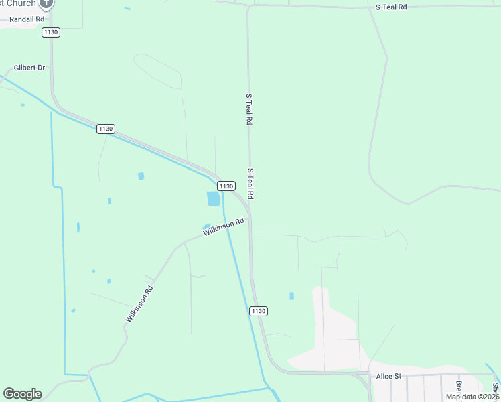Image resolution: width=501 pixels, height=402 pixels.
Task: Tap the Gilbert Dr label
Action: tap(29, 68)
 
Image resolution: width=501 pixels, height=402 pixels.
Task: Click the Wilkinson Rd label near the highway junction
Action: tap(224, 226)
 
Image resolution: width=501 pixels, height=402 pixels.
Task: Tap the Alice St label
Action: tap(388, 377)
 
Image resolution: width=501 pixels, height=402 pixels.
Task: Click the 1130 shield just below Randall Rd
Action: tap(50, 32)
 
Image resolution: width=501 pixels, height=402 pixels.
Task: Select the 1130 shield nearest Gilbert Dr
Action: tap(105, 129)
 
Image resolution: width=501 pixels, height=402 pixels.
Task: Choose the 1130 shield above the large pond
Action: tap(226, 186)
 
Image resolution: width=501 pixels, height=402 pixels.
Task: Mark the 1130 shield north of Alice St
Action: tap(259, 311)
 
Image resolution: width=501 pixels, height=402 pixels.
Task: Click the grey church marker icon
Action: tap(46, 3)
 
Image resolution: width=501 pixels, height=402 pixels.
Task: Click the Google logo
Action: tap(22, 394)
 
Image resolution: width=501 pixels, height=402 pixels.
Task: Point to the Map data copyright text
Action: tap(472, 397)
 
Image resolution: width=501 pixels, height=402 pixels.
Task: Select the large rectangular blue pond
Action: tap(214, 198)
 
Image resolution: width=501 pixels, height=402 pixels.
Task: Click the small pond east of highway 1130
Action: tap(291, 295)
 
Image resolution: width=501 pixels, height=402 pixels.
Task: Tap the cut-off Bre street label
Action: tap(459, 387)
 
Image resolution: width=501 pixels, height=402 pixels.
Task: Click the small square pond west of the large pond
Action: tap(141, 176)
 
